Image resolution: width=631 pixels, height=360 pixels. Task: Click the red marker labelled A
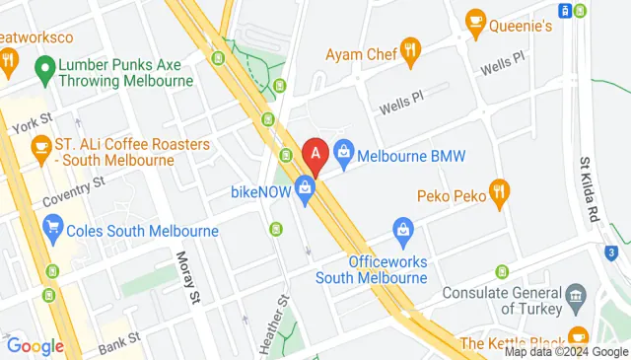click(315, 154)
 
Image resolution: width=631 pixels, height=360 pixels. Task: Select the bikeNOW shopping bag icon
click(305, 187)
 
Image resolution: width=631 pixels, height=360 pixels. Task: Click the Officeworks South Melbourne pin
click(402, 234)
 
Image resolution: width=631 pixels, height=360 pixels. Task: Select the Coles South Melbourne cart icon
click(54, 232)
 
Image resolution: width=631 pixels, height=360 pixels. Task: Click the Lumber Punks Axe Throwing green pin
click(43, 69)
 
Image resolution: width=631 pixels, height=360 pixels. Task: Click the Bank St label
click(119, 339)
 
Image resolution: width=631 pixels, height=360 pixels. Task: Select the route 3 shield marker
click(612, 252)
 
